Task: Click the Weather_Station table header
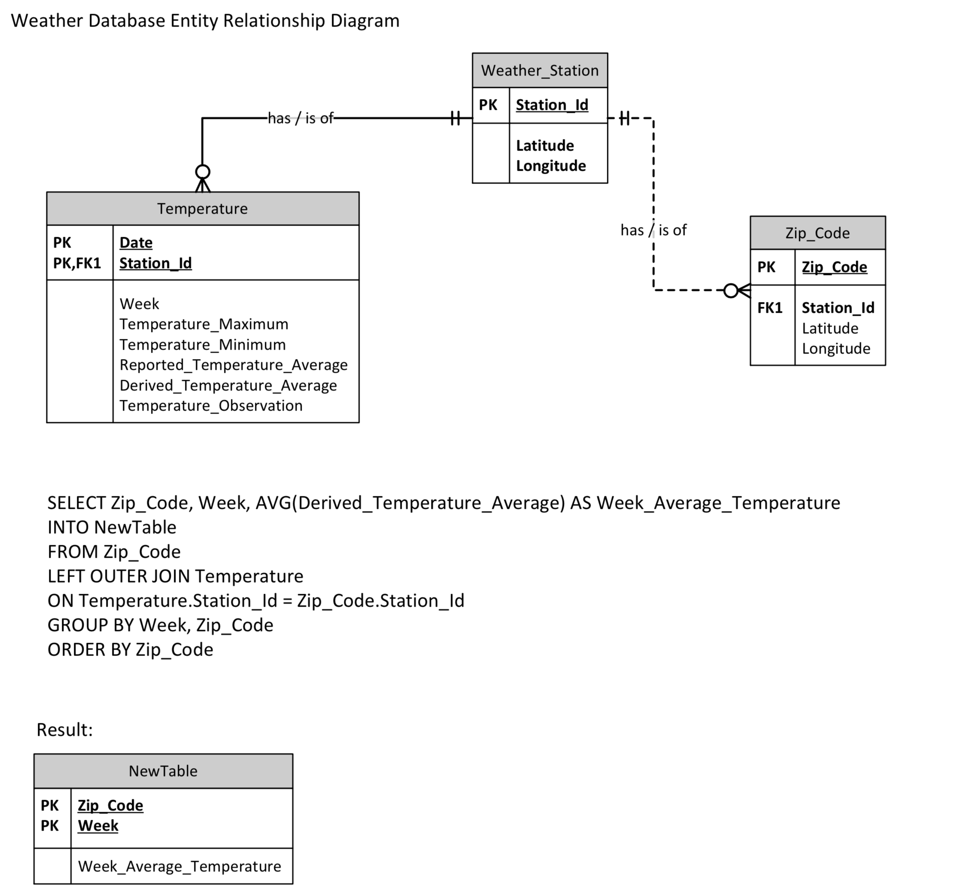(x=540, y=70)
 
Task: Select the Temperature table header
(x=203, y=209)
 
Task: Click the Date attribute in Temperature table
(x=136, y=242)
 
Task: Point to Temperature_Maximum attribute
(x=204, y=324)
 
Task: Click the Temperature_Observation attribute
(x=211, y=405)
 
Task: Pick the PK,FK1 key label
(x=77, y=263)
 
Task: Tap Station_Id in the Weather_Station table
(x=552, y=105)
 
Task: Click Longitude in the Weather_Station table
(x=551, y=166)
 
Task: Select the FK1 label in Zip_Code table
(x=770, y=308)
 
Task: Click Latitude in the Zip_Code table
(x=830, y=329)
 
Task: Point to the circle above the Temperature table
(x=203, y=172)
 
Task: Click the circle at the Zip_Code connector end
(x=731, y=290)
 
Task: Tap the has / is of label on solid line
(x=301, y=118)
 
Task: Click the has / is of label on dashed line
(x=653, y=230)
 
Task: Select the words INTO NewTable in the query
(x=112, y=527)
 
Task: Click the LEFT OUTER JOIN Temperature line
(x=176, y=576)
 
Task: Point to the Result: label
(x=64, y=730)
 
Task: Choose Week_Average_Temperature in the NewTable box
(x=179, y=867)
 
